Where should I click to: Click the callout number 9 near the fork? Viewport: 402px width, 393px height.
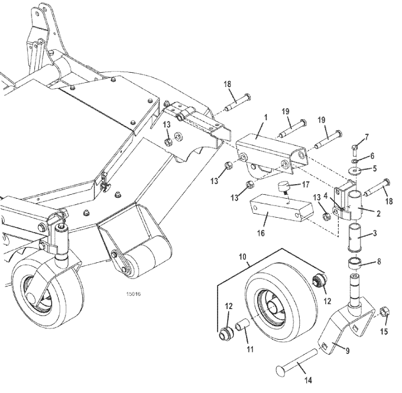(348, 350)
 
